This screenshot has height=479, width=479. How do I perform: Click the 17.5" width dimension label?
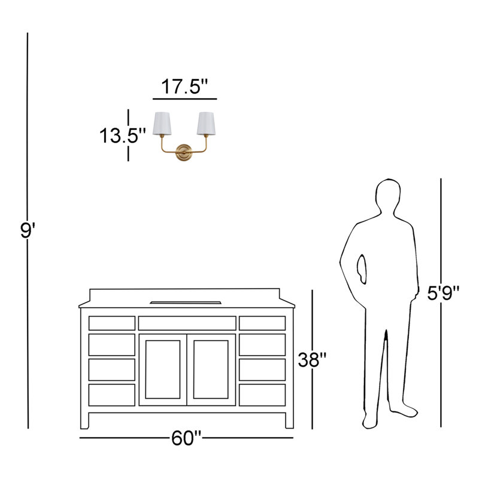pos(184,87)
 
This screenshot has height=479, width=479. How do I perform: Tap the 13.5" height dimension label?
pos(123,135)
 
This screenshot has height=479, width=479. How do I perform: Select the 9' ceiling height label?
pos(28,231)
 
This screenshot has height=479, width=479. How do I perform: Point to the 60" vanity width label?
pos(186,438)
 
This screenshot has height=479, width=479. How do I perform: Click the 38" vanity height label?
pos(312,360)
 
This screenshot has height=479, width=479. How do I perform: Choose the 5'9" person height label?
pos(443,293)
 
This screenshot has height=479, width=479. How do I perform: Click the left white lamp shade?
pos(162,123)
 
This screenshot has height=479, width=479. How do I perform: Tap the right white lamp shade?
pos(206,123)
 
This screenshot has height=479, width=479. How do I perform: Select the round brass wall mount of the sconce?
pos(184,153)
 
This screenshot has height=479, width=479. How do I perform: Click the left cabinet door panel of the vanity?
pos(163,369)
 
